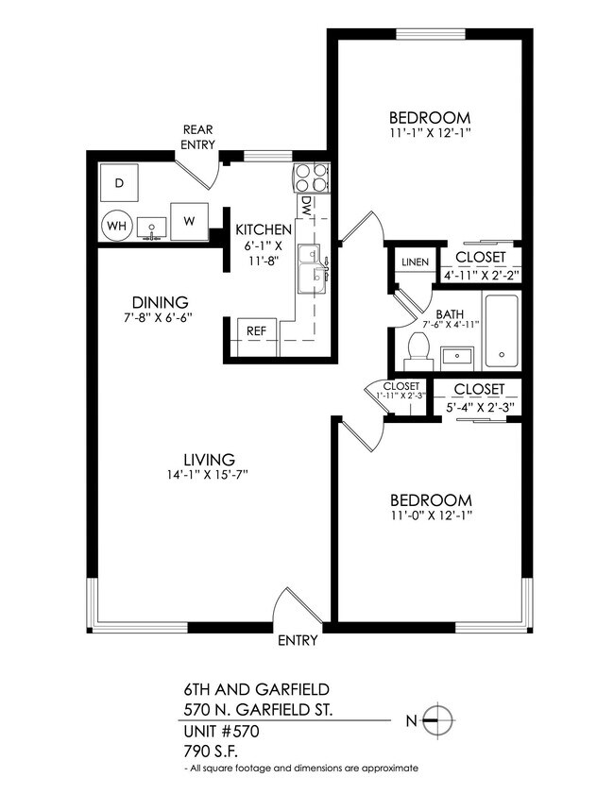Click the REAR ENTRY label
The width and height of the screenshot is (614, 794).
pos(198,137)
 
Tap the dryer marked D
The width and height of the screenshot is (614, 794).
pos(119,182)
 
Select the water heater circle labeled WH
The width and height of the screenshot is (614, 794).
pos(116,225)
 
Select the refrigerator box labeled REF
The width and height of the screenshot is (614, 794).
pos(255,331)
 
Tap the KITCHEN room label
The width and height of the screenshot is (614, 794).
pos(264,229)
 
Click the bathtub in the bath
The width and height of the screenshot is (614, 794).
pos(501,332)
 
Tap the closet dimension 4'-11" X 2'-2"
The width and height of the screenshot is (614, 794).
pos(481,276)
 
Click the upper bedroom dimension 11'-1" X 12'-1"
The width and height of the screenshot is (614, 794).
pos(430,133)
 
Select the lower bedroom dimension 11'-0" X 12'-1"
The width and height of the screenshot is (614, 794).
pos(430,516)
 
